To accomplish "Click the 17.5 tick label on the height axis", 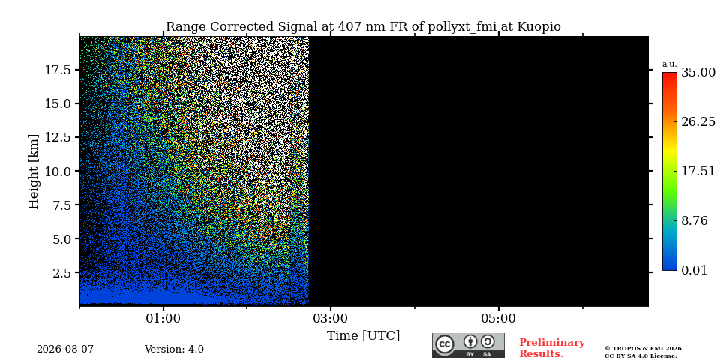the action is click(x=57, y=70).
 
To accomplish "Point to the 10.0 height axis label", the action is click(x=57, y=171).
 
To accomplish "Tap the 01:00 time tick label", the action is click(x=163, y=319).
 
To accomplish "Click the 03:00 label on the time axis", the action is click(x=331, y=319).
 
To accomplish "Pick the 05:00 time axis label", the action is click(x=498, y=319).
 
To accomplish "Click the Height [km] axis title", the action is click(x=34, y=172).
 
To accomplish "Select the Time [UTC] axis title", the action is click(x=363, y=336).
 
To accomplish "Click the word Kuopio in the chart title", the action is click(x=539, y=27).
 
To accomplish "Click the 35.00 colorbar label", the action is click(x=698, y=73).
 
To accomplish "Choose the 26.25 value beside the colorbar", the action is click(x=698, y=121).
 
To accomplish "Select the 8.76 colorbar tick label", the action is click(x=694, y=220).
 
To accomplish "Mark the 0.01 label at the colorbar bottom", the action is click(x=694, y=270).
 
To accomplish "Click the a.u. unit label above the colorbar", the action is click(x=670, y=64).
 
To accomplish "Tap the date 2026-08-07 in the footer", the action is click(x=65, y=349).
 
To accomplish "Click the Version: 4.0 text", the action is click(x=174, y=349).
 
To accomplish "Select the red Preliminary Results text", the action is click(x=552, y=348).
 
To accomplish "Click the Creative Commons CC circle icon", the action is click(x=445, y=344).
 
